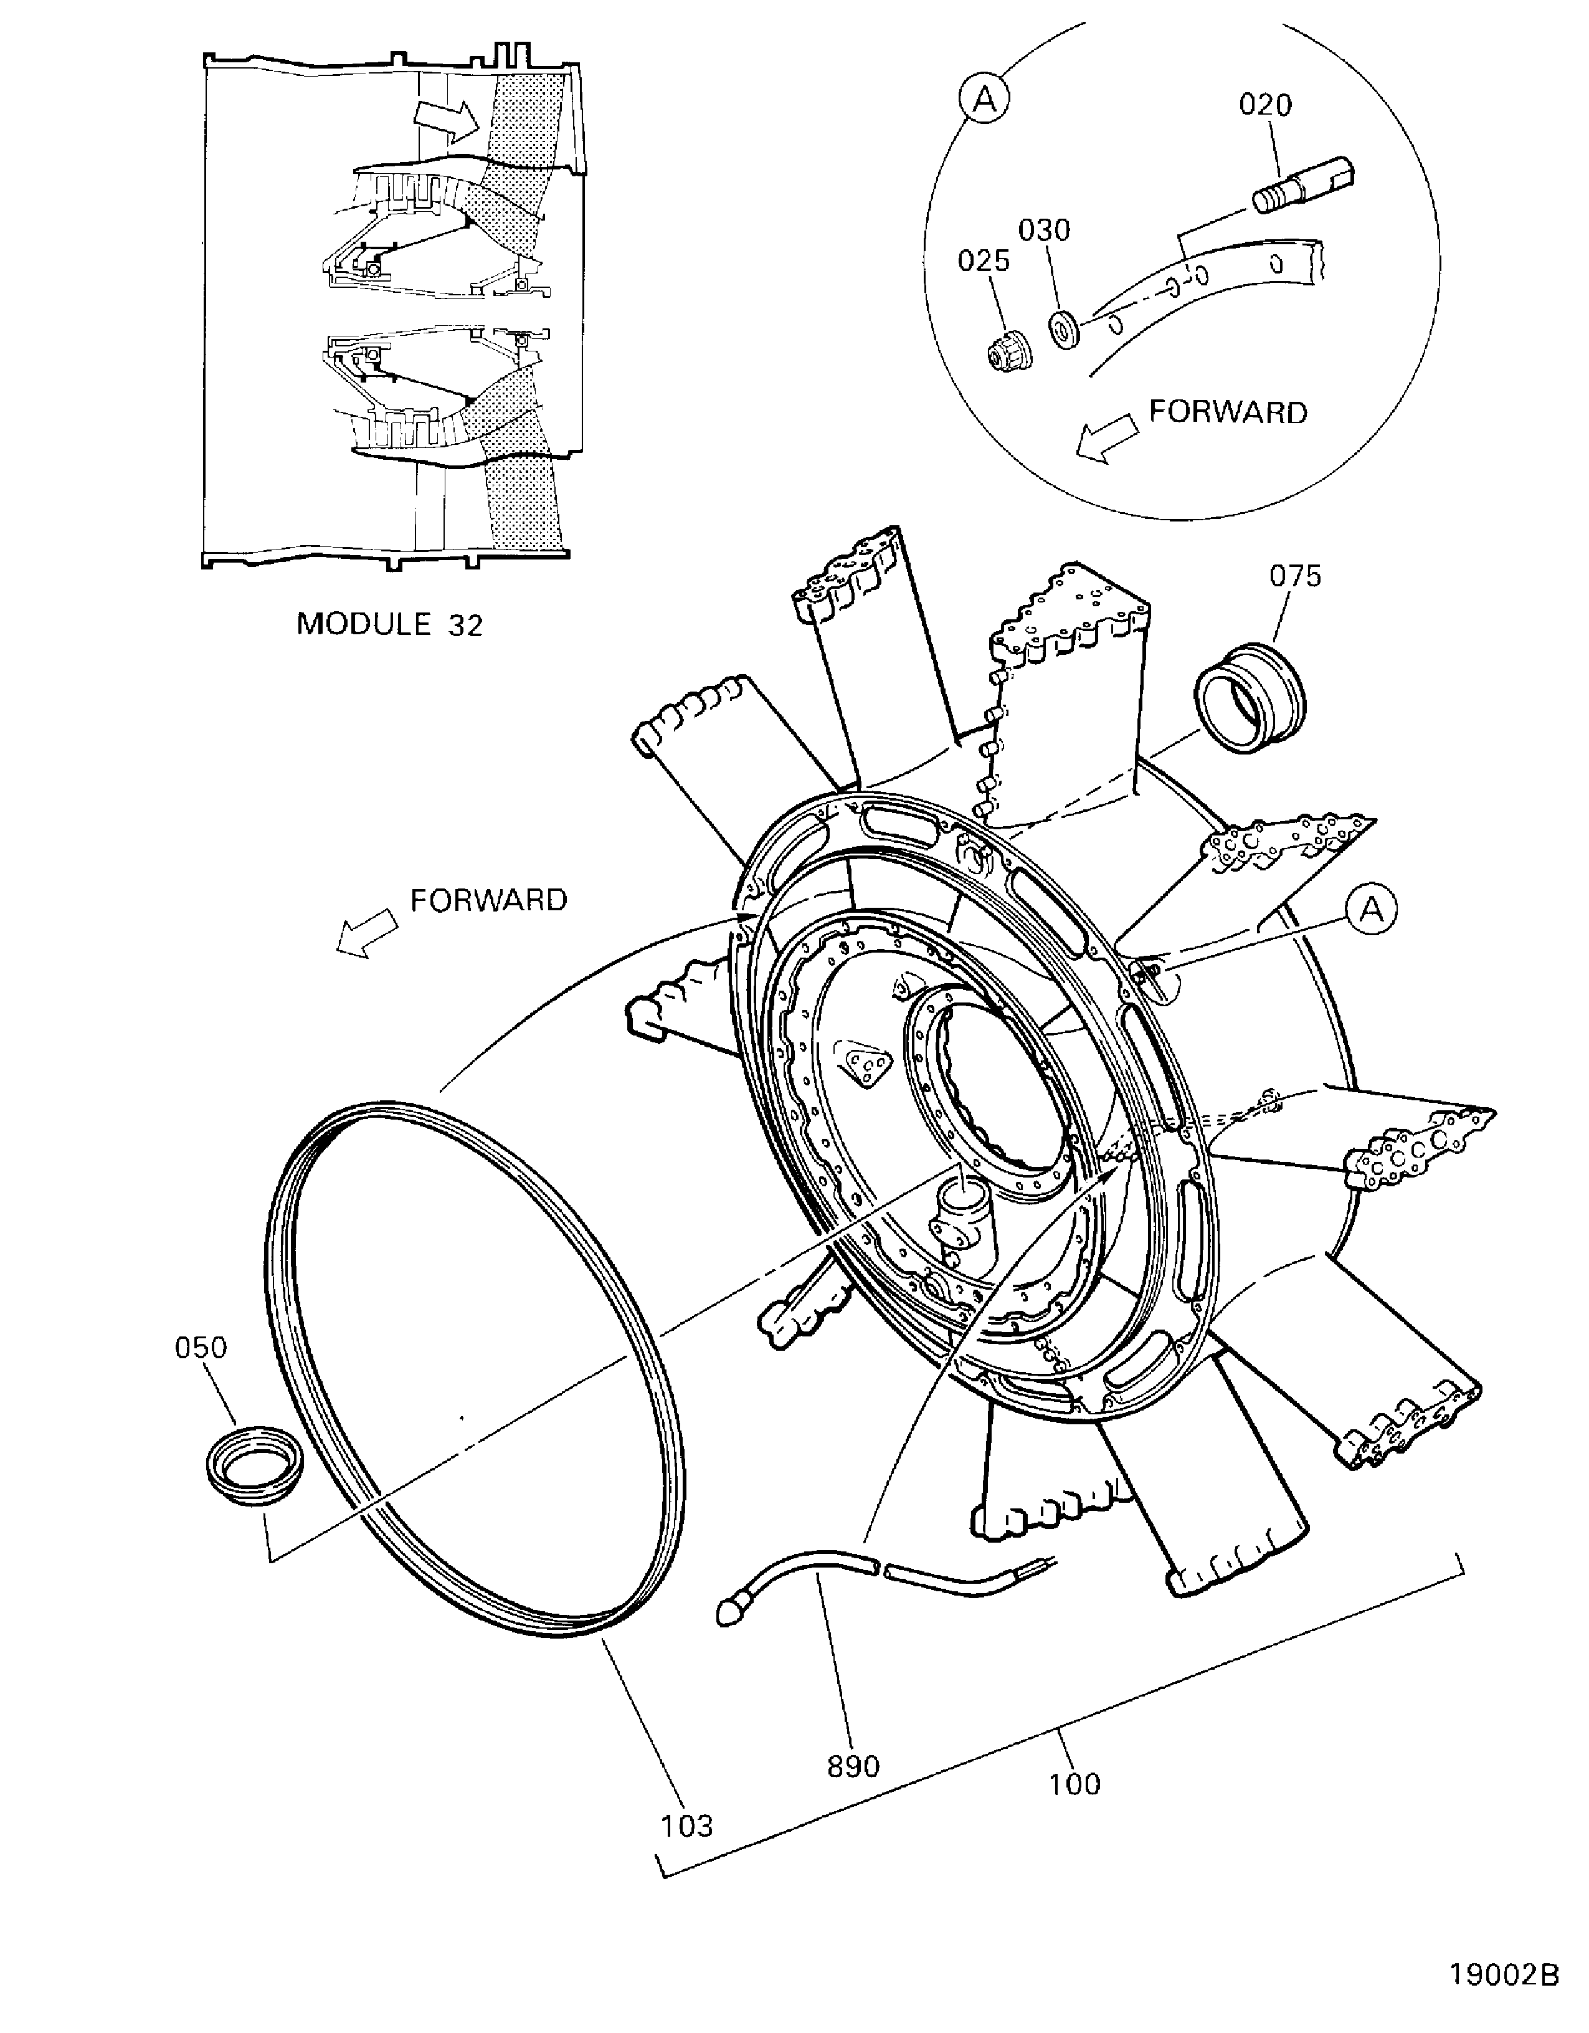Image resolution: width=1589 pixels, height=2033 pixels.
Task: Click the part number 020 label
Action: [x=1265, y=105]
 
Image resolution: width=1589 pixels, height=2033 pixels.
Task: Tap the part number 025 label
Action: [x=984, y=260]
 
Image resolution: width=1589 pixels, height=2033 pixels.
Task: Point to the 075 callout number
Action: [x=1295, y=576]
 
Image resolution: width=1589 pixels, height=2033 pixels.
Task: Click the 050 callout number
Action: [x=201, y=1347]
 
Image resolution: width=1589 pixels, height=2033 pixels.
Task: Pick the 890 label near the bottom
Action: [x=853, y=1766]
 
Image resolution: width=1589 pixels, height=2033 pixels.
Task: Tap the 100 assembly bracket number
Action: [x=1074, y=1784]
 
